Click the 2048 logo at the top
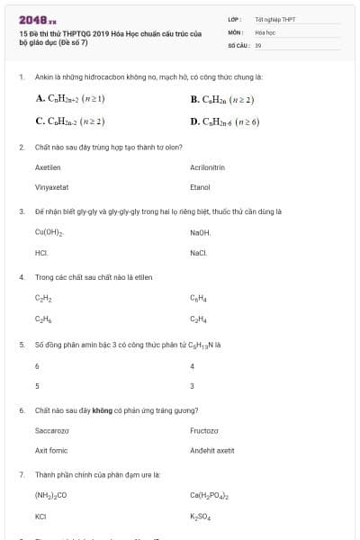(x=38, y=19)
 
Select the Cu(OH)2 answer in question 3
(x=49, y=232)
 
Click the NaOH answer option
(x=200, y=232)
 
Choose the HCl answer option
(x=41, y=253)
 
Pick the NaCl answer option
(x=199, y=253)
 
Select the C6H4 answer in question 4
(x=198, y=298)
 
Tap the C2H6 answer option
(x=43, y=319)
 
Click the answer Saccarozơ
(x=52, y=430)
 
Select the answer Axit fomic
(x=51, y=450)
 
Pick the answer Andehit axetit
(x=212, y=450)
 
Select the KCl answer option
(x=40, y=517)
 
